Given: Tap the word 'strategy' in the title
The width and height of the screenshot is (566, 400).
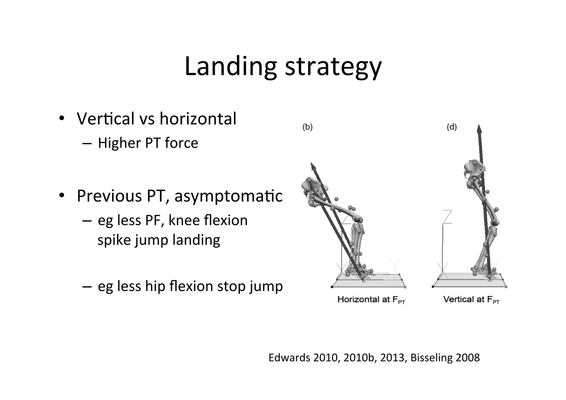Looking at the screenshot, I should (333, 67).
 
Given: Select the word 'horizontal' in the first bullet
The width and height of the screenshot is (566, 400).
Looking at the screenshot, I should (198, 119).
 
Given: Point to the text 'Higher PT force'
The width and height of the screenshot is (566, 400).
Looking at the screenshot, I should (148, 143).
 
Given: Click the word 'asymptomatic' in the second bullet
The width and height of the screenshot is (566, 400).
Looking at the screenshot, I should (229, 196).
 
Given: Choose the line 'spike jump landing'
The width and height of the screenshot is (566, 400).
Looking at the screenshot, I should (159, 240).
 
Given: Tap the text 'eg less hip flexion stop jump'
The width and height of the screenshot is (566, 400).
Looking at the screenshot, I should (190, 286).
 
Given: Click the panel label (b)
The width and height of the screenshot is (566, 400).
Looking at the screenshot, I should (307, 127).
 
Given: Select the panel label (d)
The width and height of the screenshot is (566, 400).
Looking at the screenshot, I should (452, 127).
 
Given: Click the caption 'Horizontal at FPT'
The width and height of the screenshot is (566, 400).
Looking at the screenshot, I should (371, 300).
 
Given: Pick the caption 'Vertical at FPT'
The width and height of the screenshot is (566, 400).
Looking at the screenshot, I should (471, 300).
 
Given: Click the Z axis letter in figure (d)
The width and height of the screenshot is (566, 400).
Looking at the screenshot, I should (447, 217).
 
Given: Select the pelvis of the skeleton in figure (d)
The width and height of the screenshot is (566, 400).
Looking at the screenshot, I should (474, 169).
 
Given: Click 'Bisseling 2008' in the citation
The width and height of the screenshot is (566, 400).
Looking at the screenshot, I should (445, 358).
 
